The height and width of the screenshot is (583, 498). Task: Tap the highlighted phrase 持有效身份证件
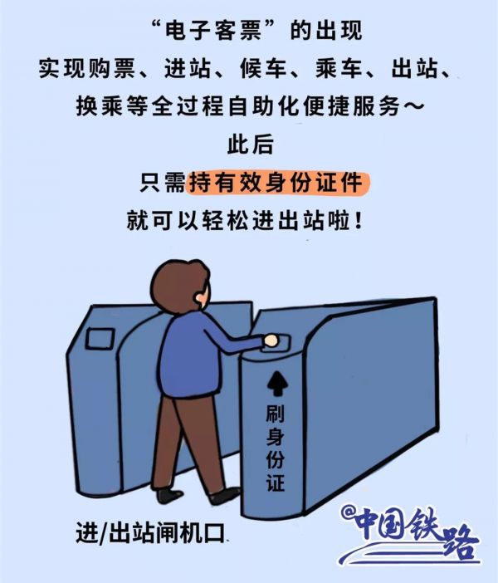tap(276, 183)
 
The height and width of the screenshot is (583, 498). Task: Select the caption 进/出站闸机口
tap(151, 532)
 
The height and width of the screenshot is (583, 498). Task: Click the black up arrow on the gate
tap(275, 383)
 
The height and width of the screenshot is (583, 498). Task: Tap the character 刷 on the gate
tap(275, 414)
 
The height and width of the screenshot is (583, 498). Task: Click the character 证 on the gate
tap(275, 481)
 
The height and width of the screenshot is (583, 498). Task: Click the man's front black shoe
tap(225, 496)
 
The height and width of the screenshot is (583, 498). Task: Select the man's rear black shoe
tap(170, 493)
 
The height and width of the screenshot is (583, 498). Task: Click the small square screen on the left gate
tap(100, 338)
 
